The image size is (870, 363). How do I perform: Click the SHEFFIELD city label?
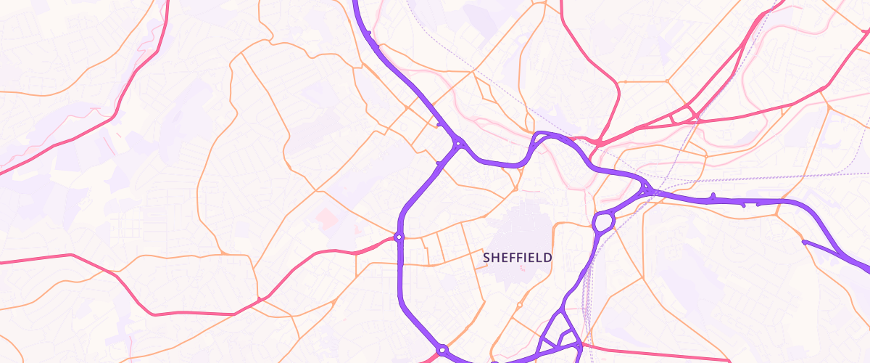[x=518, y=257]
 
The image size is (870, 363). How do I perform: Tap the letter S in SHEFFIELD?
[x=486, y=257]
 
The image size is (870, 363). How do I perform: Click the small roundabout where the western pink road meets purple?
[x=398, y=237]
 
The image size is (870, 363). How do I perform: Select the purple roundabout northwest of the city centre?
[x=459, y=143]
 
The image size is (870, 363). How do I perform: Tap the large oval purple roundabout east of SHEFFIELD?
[x=604, y=221]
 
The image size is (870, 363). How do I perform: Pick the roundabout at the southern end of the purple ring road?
[x=442, y=351]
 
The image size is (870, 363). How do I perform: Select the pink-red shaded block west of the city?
[x=326, y=216]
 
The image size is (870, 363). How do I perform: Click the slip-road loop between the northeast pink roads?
[x=684, y=114]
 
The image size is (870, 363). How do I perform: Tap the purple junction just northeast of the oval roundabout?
[x=645, y=191]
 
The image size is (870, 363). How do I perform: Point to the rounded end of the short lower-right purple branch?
[x=804, y=242]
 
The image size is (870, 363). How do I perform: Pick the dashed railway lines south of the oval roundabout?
[x=587, y=290]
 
